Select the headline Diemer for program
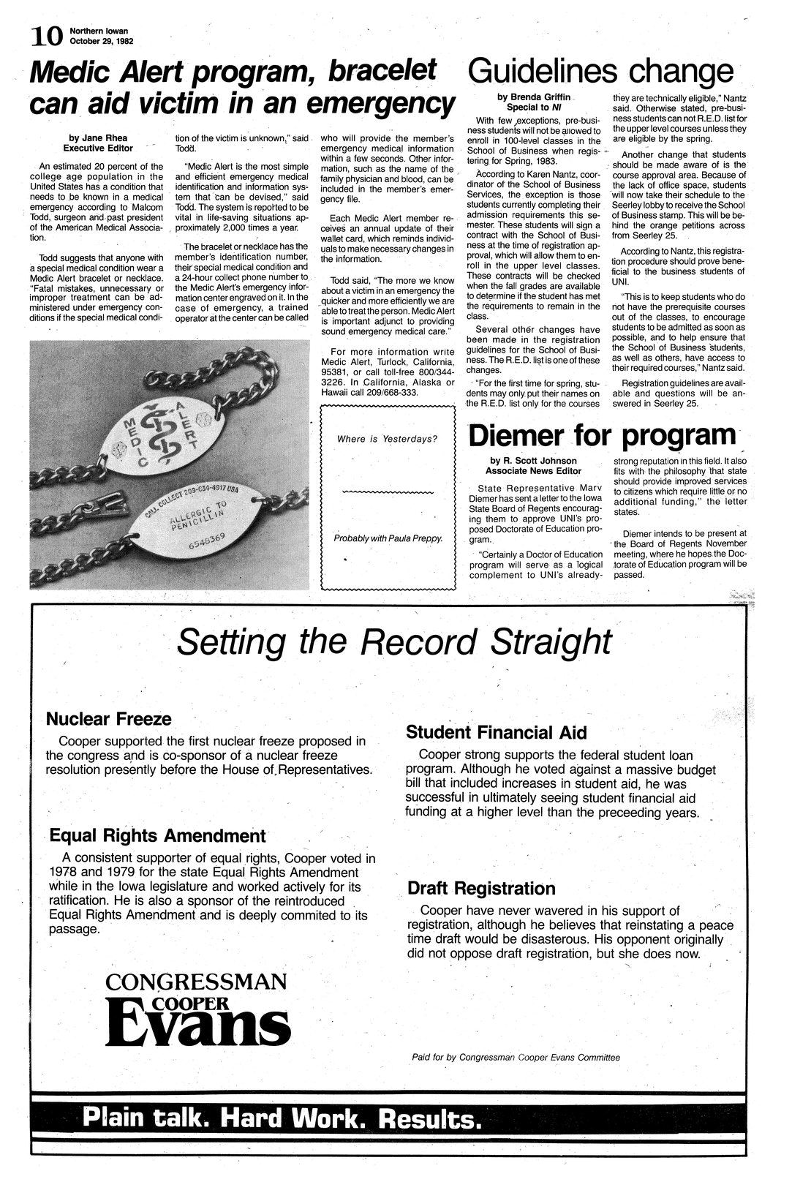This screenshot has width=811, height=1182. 601,435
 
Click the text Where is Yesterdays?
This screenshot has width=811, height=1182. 387,439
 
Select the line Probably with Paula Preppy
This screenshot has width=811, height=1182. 388,538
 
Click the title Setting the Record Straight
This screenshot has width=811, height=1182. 394,641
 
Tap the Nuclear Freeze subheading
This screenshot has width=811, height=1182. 108,718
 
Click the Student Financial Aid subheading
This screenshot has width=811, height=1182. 496,733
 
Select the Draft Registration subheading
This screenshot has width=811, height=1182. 481,888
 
